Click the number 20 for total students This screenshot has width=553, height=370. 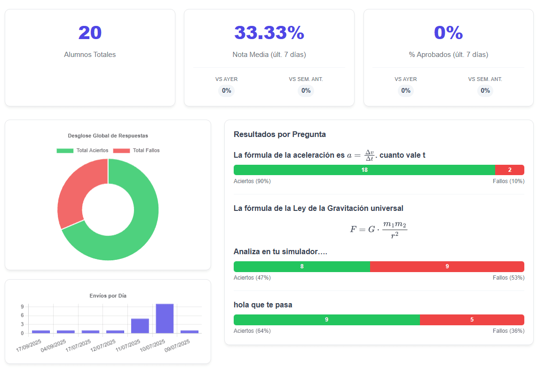click(x=90, y=33)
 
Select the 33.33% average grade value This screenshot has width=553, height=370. click(x=269, y=33)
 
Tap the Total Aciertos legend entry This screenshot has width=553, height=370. click(x=83, y=151)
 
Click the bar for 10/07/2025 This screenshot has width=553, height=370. click(x=165, y=319)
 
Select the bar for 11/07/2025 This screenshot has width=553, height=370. click(x=140, y=326)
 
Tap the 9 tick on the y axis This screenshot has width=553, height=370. click(x=22, y=307)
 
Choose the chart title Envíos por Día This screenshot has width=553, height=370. click(x=108, y=296)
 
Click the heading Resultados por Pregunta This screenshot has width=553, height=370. click(x=279, y=135)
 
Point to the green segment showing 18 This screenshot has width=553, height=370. click(x=364, y=170)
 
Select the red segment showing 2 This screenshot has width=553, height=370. click(x=509, y=170)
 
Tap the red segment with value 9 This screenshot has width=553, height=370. click(x=447, y=266)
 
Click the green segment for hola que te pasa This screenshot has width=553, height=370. click(x=326, y=320)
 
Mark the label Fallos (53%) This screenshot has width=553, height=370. click(x=508, y=278)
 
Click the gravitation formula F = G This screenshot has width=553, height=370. click(x=378, y=229)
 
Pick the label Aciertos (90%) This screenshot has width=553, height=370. click(x=252, y=181)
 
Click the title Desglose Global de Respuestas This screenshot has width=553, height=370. click(x=108, y=136)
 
